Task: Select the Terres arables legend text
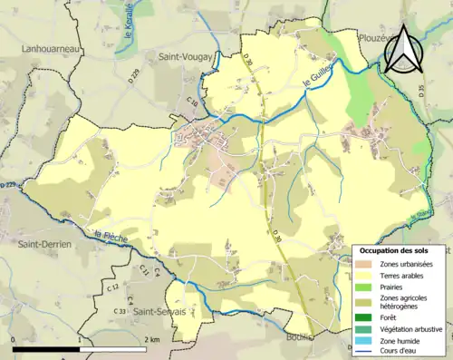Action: pyautogui.click(x=404, y=276)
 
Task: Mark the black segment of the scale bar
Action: pyautogui.click(x=46, y=349)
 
